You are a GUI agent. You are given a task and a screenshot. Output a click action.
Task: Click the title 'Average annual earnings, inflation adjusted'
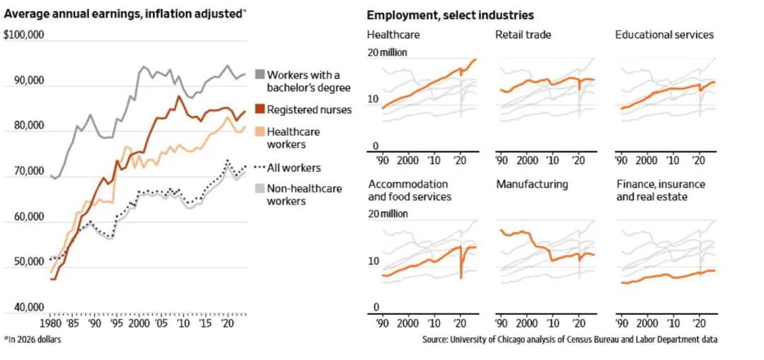124,15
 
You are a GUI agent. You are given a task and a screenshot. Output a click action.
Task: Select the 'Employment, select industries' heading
450,16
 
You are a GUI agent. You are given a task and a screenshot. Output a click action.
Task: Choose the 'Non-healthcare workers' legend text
303,194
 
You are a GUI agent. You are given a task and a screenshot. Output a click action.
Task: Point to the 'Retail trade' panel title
523,35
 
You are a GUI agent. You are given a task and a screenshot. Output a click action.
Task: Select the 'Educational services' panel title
664,35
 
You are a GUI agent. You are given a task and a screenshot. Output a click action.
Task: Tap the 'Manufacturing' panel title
532,185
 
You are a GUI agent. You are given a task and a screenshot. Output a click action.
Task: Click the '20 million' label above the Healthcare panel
387,52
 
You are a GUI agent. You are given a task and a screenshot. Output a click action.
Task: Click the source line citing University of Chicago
569,340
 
